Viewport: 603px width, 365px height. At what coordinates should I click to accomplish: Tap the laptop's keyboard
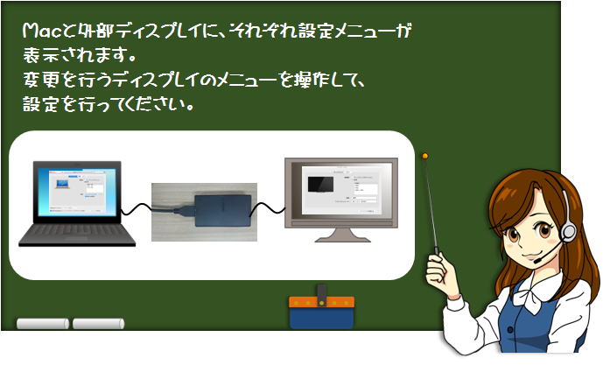pyautogui.click(x=77, y=234)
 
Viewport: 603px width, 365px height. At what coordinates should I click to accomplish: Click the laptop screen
pyautogui.click(x=77, y=191)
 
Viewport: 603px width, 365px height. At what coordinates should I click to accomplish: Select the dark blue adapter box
pyautogui.click(x=223, y=211)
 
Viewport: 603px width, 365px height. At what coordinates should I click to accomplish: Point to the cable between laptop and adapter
pyautogui.click(x=137, y=209)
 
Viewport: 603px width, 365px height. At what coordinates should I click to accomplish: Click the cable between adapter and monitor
pyautogui.click(x=268, y=207)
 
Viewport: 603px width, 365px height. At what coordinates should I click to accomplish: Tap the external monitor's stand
pyautogui.click(x=343, y=235)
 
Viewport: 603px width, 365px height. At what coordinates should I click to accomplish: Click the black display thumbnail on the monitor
pyautogui.click(x=320, y=184)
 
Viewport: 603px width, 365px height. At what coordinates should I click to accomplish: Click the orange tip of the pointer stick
pyautogui.click(x=425, y=156)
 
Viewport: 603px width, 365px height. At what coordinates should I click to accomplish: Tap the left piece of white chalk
pyautogui.click(x=43, y=324)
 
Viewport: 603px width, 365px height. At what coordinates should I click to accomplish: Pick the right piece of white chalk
pyautogui.click(x=98, y=324)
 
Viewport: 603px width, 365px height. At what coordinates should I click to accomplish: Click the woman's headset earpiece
pyautogui.click(x=568, y=232)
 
